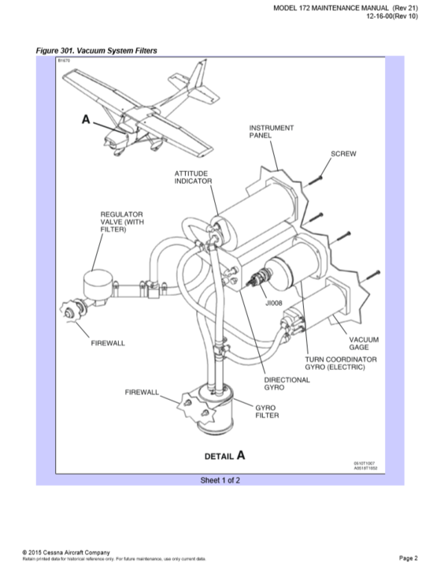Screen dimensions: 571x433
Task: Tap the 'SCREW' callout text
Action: [343, 153]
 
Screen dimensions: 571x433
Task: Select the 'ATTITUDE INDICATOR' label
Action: [193, 177]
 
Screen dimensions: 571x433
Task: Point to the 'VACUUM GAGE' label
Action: [365, 343]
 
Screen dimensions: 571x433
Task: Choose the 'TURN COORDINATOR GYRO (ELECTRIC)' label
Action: [341, 364]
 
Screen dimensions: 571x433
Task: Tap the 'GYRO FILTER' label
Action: [265, 411]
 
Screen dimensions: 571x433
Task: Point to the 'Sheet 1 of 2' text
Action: [220, 480]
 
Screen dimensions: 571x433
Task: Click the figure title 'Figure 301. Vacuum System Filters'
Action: [97, 50]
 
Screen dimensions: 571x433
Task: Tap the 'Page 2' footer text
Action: [409, 558]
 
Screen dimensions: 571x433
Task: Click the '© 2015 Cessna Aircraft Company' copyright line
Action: [67, 552]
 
